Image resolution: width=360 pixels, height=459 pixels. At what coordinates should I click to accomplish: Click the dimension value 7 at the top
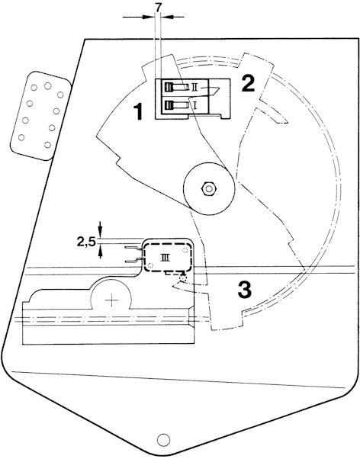point(158,8)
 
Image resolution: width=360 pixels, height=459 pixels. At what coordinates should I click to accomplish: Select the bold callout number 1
point(138,112)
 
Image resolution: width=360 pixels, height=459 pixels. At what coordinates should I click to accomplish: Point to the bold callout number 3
point(245,290)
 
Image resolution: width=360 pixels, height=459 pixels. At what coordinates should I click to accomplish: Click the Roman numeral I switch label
point(195,104)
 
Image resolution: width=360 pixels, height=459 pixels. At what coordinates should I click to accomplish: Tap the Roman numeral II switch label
point(194,87)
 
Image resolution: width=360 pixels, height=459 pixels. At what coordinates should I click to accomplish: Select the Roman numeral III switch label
point(165,258)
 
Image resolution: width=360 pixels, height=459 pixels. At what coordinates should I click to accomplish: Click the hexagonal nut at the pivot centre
point(208,189)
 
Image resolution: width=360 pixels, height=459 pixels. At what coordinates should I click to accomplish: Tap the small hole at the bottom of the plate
point(163,439)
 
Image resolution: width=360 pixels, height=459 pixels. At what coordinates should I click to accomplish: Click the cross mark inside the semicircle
point(111,300)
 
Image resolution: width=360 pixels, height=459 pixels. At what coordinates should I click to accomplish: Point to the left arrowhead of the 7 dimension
point(149,18)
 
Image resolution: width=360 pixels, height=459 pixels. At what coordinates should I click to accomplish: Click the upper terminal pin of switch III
point(134,249)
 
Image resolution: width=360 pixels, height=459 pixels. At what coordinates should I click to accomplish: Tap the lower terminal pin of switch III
point(134,260)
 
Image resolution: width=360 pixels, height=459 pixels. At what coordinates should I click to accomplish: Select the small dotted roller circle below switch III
point(183,278)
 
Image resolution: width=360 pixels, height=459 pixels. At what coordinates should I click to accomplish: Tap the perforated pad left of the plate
point(40,115)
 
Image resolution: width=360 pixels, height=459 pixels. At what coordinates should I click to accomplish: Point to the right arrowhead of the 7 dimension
point(167,18)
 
